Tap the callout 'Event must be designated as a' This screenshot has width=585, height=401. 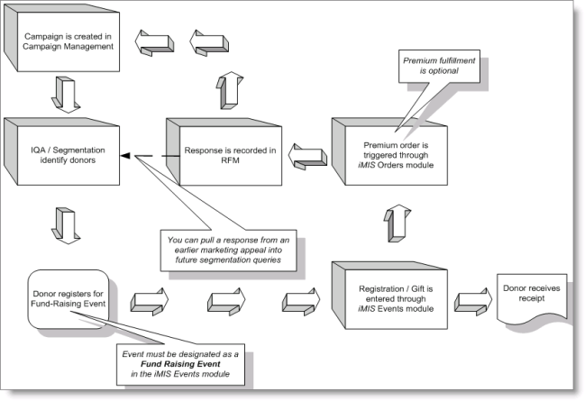[x=178, y=362]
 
